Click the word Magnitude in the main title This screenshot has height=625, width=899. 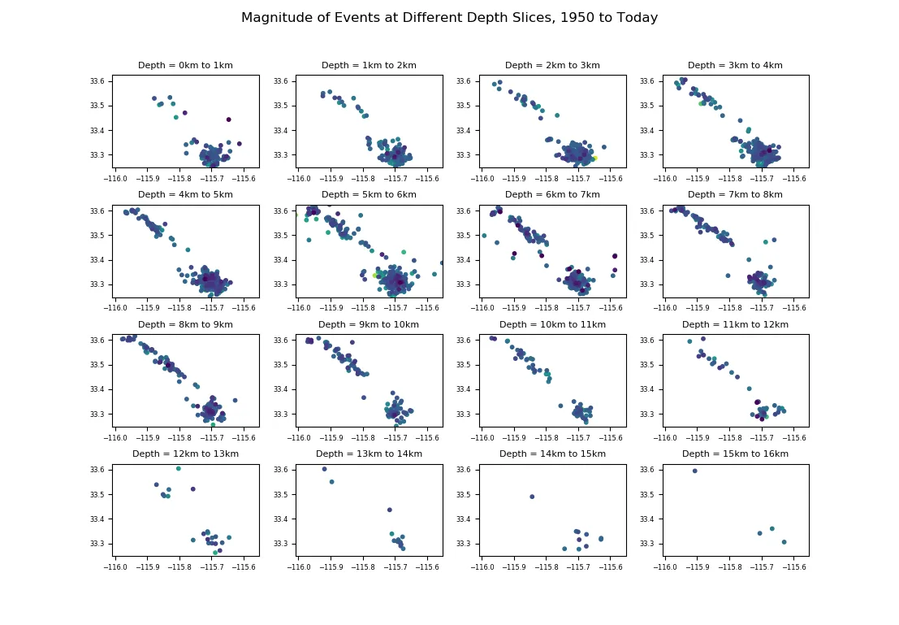(274, 18)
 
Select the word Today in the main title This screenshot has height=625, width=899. (636, 18)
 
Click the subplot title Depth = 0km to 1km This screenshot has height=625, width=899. (185, 66)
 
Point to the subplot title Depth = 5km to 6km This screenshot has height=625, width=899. (369, 195)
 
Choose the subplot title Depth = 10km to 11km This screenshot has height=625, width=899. (552, 325)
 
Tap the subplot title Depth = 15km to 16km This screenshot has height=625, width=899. (735, 454)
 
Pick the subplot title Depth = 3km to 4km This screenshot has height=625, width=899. (735, 66)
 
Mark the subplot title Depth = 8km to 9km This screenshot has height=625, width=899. (185, 325)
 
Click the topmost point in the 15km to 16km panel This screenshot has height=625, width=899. (694, 471)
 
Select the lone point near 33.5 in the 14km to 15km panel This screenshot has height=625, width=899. (532, 497)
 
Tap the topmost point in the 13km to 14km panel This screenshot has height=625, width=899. (324, 469)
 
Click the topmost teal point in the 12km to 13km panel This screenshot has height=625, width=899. (179, 468)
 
